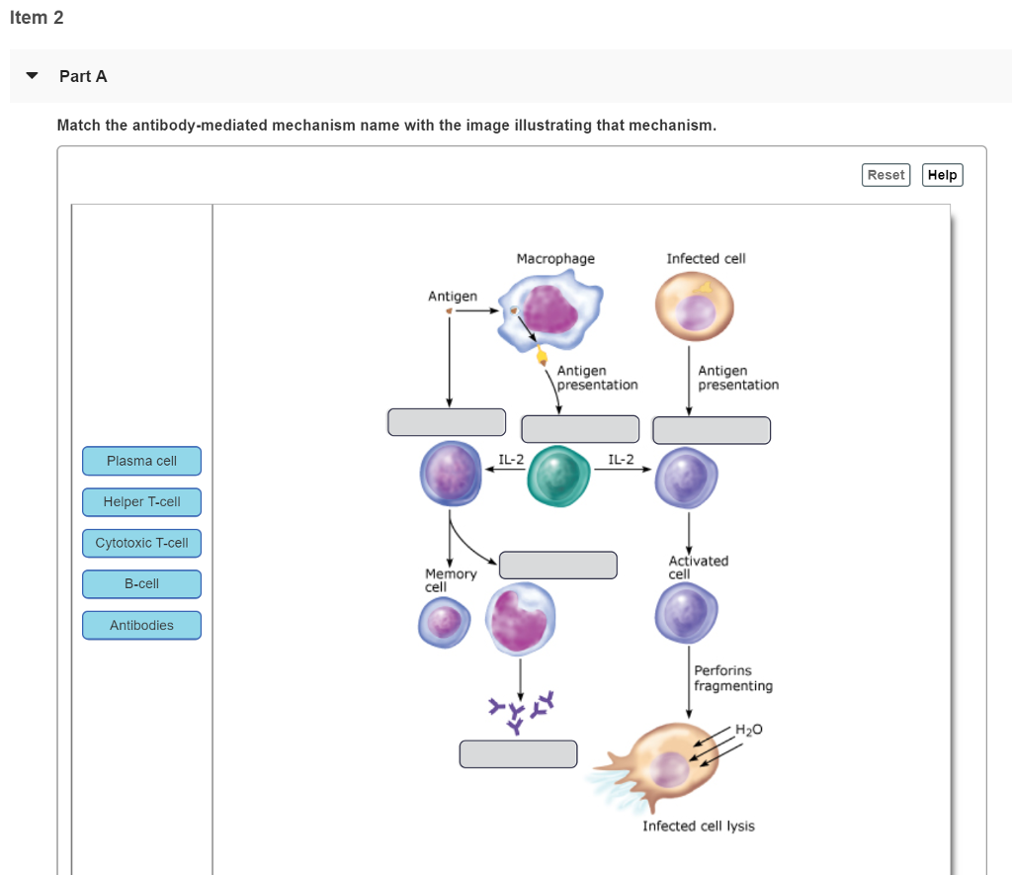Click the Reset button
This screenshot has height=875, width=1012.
[885, 175]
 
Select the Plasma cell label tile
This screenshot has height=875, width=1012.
[141, 461]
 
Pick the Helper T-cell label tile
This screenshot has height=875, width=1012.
[141, 502]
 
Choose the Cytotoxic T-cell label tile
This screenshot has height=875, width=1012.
[141, 543]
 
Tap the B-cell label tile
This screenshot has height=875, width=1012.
[141, 584]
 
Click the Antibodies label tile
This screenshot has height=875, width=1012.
[141, 625]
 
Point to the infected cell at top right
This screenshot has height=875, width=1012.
[695, 306]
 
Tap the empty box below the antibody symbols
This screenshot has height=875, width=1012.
[518, 753]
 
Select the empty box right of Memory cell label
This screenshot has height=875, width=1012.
[558, 565]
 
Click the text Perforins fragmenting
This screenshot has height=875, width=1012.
[732, 678]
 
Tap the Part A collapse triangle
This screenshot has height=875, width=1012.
[33, 76]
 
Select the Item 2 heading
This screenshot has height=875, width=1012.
[37, 18]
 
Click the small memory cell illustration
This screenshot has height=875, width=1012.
[442, 624]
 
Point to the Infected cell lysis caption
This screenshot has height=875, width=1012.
[698, 826]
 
